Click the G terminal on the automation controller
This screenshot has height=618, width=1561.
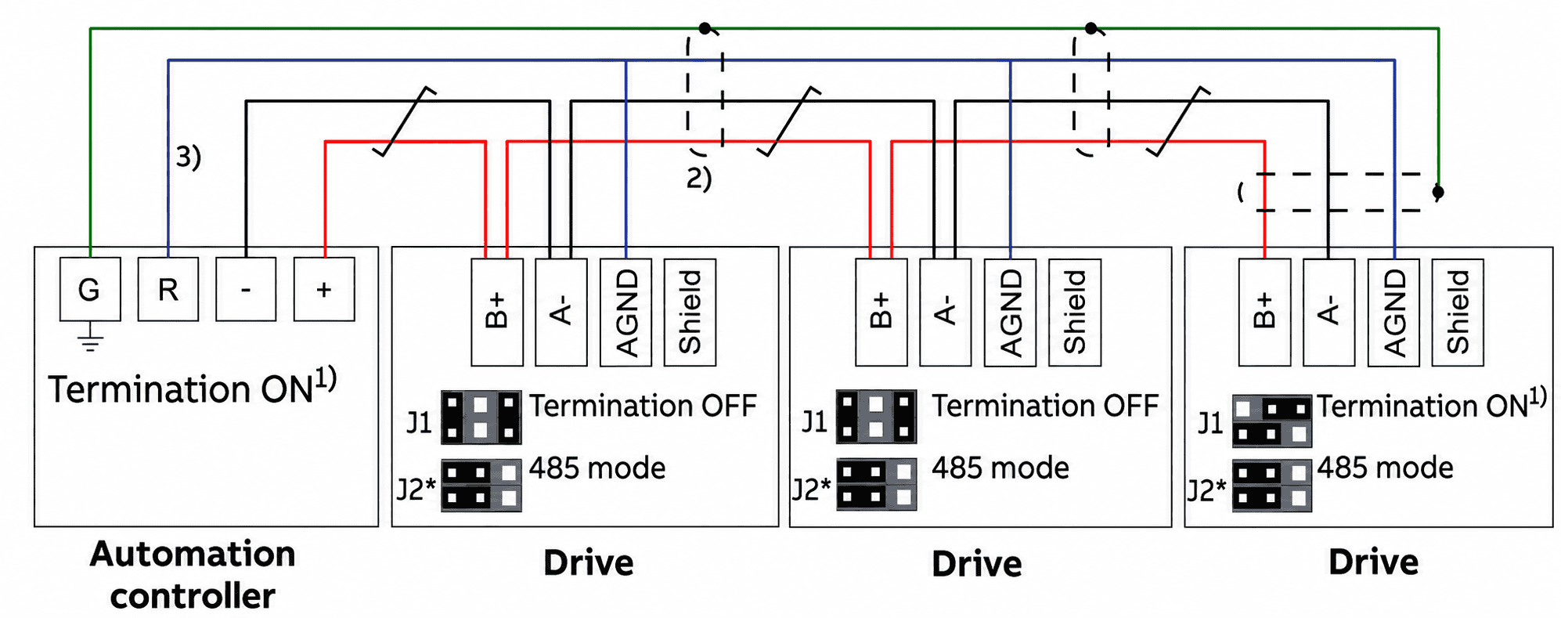[x=90, y=289]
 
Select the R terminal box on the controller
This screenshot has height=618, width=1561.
[x=168, y=289]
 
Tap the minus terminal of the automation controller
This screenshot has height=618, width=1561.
[x=246, y=289]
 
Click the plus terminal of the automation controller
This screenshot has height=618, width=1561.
[x=324, y=289]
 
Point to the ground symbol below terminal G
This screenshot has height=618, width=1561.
[x=91, y=338]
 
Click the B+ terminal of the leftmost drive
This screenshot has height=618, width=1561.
[x=497, y=313]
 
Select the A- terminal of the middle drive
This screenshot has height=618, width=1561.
[x=946, y=313]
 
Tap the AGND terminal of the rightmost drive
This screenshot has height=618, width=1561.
[x=1394, y=313]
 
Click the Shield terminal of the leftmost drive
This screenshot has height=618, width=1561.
[x=690, y=313]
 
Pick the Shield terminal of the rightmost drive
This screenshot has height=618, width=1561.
[x=1458, y=313]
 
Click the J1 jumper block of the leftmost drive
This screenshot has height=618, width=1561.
[x=481, y=417]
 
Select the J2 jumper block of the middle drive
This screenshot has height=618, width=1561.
[x=876, y=484]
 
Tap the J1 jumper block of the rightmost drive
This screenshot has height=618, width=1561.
[x=1271, y=421]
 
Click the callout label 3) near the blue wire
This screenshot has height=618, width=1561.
[x=189, y=157]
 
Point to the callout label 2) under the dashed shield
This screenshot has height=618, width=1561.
[x=699, y=179]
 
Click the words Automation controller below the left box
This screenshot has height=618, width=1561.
[x=193, y=575]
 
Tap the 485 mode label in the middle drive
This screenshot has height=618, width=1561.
[x=1000, y=468]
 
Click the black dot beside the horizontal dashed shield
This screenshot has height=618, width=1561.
[x=1438, y=191]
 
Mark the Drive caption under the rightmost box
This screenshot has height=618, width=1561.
[x=1374, y=562]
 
